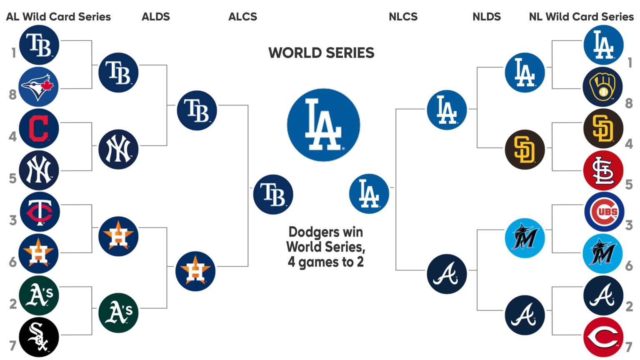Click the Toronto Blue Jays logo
coord(39,87)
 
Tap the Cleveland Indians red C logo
coord(39,128)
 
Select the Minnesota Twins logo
coord(40,212)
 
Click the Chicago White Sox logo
coord(39,337)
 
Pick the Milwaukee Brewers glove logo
coord(602,87)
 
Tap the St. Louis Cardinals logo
coord(603,170)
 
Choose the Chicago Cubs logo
coord(604,212)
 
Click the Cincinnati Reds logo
coord(603,337)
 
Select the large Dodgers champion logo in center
coord(323,125)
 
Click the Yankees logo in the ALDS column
coord(118,149)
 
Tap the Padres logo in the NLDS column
coord(525,149)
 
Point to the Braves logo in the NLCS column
coord(447,274)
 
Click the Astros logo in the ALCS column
coord(195,271)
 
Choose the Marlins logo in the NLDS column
coord(525,238)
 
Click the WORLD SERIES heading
coord(321,53)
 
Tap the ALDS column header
coord(156,17)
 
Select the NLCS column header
coord(403,17)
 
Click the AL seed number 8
coord(13,95)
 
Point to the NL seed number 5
coord(629,185)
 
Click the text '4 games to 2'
coord(325,262)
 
